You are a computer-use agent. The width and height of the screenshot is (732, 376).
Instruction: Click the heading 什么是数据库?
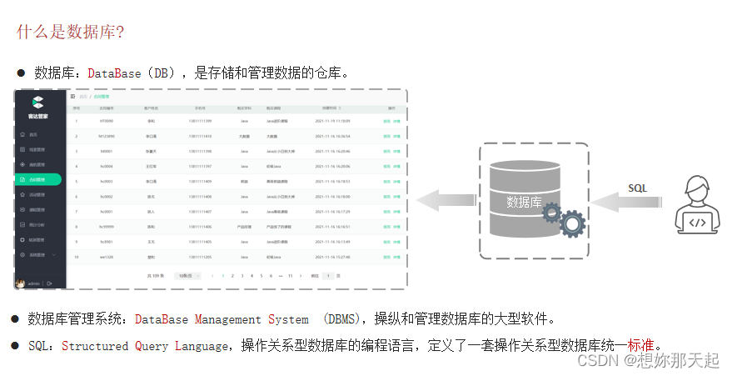[70, 32]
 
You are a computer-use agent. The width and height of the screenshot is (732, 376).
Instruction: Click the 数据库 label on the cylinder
[525, 202]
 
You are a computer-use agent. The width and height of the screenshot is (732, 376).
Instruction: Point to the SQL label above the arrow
[637, 188]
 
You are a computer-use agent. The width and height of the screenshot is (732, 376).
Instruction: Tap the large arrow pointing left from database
[446, 200]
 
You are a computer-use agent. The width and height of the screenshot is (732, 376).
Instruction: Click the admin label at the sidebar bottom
[34, 283]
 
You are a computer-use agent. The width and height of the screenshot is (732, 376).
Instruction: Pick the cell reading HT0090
[107, 121]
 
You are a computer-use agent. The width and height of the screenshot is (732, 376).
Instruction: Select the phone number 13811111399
[200, 121]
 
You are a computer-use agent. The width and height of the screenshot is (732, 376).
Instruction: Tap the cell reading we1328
[107, 257]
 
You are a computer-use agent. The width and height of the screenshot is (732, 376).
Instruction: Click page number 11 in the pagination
[289, 275]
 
